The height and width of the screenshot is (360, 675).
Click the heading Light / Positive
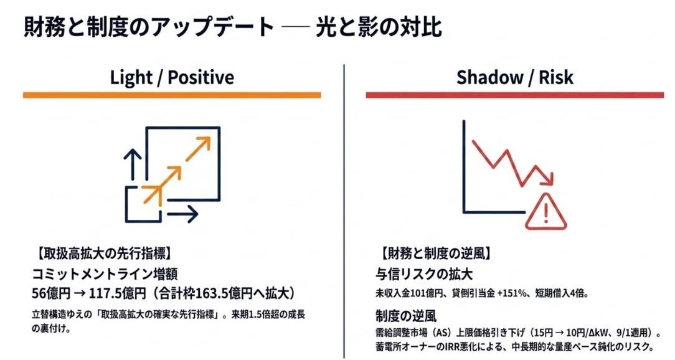click(172, 77)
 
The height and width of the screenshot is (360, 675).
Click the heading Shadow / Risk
click(515, 77)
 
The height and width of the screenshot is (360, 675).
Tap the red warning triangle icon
click(546, 211)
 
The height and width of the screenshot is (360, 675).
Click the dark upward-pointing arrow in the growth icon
click(133, 164)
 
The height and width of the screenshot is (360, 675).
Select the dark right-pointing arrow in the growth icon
click(182, 214)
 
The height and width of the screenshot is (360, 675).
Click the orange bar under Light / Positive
click(172, 95)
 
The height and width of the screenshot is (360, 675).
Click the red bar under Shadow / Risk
click(515, 95)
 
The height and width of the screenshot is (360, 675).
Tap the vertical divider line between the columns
click(344, 211)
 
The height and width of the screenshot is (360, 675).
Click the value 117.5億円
click(118, 294)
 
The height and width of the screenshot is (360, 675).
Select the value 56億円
click(51, 294)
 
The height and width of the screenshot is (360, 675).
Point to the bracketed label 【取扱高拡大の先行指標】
click(102, 253)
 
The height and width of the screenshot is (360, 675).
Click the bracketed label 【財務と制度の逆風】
click(435, 253)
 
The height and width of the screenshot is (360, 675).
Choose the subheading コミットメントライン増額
click(105, 274)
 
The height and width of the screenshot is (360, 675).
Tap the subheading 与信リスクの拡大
click(424, 274)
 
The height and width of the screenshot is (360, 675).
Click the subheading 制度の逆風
click(406, 316)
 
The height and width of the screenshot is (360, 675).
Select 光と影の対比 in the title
click(379, 27)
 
